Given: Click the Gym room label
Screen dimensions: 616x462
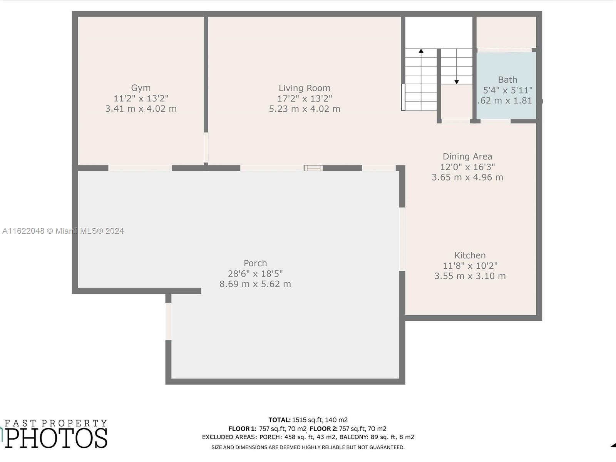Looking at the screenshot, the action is (x=141, y=88).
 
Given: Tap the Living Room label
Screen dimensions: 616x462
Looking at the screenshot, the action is (x=305, y=88).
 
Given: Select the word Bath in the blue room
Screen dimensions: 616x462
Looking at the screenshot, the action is (x=507, y=80).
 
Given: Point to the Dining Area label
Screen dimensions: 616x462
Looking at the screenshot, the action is (x=467, y=157).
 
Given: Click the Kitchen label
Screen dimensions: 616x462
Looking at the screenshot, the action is (x=470, y=256).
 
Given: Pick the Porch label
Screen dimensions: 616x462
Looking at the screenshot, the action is (x=255, y=263).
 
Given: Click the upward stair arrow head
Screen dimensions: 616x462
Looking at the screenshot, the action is (x=421, y=51).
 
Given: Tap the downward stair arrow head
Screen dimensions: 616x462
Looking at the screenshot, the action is (x=457, y=82).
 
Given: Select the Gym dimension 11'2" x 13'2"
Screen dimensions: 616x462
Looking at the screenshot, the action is (x=141, y=99).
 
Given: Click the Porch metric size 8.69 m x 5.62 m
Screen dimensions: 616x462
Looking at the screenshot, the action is (x=255, y=284).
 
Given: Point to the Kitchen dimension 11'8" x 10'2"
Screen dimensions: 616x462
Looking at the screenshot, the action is (x=470, y=266).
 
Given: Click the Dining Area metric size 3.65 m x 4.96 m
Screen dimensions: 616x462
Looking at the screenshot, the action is (x=467, y=177).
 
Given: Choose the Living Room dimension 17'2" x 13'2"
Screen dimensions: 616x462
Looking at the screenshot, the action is (x=305, y=99).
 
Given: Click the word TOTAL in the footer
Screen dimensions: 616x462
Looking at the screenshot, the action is (x=280, y=420).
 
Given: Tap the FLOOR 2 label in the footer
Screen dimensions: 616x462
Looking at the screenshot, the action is (x=323, y=429).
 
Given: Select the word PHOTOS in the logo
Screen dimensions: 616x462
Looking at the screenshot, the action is (x=56, y=438).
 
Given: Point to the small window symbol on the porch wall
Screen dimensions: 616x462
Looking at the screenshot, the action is (x=313, y=168).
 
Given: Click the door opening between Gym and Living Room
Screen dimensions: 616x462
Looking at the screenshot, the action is (x=206, y=147).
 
